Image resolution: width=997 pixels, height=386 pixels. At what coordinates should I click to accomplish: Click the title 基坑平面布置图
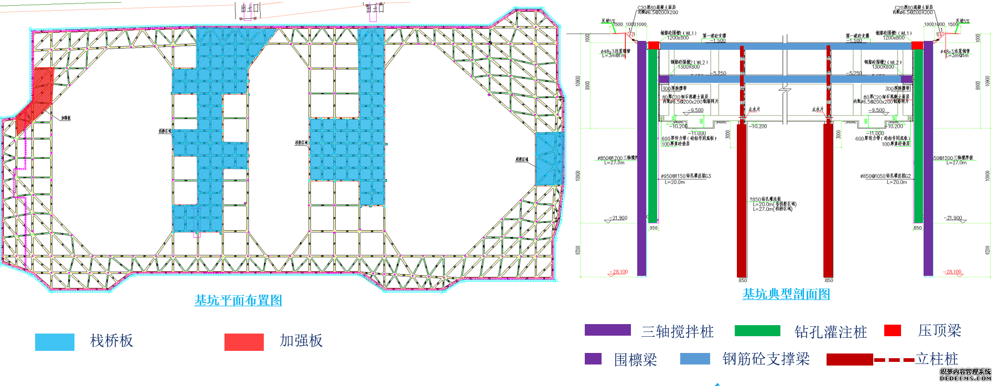click(238, 301)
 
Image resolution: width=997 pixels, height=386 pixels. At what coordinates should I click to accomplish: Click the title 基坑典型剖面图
click(786, 294)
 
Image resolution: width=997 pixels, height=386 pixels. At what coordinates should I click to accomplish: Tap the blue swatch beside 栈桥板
click(55, 342)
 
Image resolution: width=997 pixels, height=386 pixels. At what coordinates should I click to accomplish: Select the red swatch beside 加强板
click(244, 342)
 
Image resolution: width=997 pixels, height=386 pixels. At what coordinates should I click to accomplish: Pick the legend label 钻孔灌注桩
click(830, 332)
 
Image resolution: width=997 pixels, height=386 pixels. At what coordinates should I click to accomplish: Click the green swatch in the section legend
click(757, 330)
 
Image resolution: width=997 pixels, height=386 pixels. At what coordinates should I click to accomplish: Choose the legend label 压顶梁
click(939, 330)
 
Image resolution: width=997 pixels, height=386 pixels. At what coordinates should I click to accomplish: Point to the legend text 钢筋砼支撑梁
click(766, 359)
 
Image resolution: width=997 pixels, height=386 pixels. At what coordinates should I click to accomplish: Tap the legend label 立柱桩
click(937, 359)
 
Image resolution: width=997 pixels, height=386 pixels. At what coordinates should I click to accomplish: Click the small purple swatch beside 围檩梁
click(593, 359)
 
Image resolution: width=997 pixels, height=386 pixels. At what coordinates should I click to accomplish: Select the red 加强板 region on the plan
click(36, 100)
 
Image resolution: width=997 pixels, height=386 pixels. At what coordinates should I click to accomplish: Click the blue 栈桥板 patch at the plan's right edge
click(549, 158)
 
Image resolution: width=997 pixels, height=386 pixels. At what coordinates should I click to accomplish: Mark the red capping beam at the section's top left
click(653, 46)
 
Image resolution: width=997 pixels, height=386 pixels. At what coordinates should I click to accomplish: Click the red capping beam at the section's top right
click(917, 46)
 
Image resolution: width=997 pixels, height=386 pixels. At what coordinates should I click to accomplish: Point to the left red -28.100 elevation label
click(619, 272)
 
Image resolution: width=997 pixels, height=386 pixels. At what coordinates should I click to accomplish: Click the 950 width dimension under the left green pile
click(653, 228)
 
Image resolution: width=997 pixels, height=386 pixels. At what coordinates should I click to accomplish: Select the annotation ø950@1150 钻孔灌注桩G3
click(685, 176)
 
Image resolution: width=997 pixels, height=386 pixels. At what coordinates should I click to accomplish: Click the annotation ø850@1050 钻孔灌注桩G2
click(885, 176)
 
